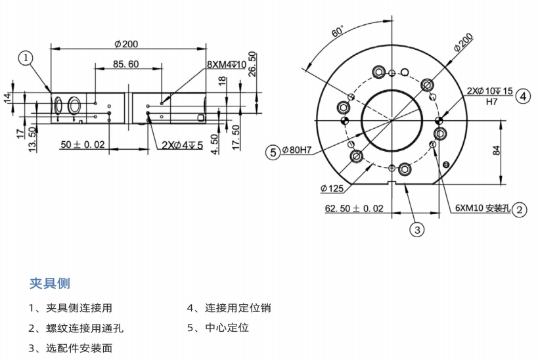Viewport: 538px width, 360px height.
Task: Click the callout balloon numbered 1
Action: click(x=26, y=58)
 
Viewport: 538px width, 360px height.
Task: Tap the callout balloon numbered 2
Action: click(x=519, y=210)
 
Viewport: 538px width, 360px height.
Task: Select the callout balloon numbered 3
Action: click(x=417, y=229)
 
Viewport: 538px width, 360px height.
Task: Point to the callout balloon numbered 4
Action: click(x=523, y=97)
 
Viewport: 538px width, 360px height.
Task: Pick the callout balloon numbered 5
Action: click(x=273, y=152)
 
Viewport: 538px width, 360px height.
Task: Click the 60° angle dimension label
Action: click(x=338, y=32)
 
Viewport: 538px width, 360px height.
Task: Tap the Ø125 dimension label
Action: click(x=332, y=189)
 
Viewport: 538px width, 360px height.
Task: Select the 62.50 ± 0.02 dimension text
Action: click(x=354, y=209)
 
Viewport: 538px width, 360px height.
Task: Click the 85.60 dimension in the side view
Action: click(x=126, y=64)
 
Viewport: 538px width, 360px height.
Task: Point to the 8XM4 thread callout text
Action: click(x=227, y=64)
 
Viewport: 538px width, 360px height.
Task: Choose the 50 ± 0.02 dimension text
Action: click(x=83, y=144)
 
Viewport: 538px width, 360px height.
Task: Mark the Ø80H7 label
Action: click(x=297, y=150)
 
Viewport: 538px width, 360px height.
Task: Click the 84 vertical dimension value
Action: click(x=496, y=150)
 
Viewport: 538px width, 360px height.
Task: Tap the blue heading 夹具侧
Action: click(x=50, y=284)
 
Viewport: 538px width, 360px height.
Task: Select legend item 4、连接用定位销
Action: click(x=229, y=308)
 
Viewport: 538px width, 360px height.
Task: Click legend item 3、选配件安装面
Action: click(x=70, y=348)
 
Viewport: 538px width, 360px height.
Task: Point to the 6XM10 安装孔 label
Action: click(x=483, y=208)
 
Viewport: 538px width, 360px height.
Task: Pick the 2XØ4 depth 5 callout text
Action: click(x=182, y=145)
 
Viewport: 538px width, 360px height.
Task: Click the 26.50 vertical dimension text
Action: click(x=252, y=64)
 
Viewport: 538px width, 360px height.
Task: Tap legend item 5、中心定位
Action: click(x=218, y=328)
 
